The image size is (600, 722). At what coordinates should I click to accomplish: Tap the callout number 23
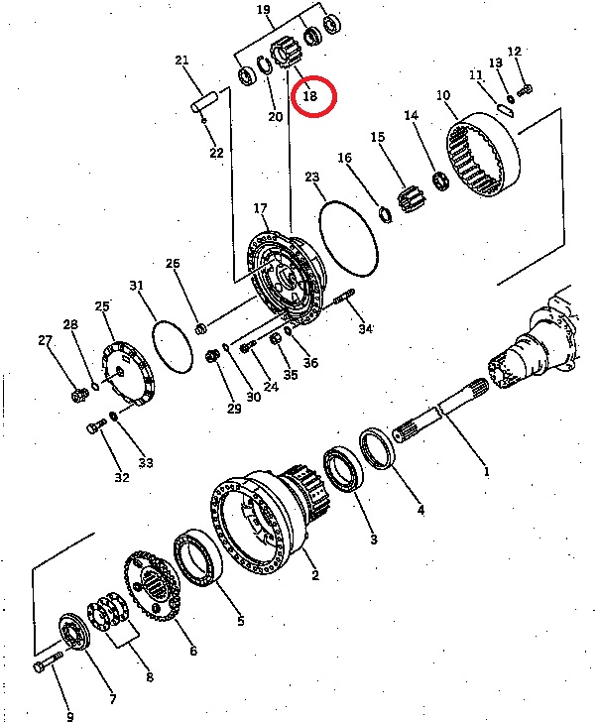(x=312, y=178)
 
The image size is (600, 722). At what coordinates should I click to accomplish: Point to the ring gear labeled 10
(x=484, y=155)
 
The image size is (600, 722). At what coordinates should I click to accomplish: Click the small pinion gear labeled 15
(x=412, y=198)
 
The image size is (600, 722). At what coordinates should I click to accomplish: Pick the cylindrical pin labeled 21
(x=204, y=102)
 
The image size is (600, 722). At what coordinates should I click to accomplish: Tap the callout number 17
(x=260, y=208)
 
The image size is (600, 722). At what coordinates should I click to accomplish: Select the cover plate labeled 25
(x=128, y=375)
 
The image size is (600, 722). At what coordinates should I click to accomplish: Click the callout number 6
(x=193, y=651)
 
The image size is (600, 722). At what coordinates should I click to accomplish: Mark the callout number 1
(x=486, y=471)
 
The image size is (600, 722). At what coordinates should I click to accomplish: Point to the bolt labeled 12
(x=525, y=89)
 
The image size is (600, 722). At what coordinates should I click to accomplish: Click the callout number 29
(x=234, y=408)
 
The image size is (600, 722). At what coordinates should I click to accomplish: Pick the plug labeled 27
(x=80, y=395)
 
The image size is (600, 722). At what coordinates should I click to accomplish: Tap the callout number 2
(x=315, y=574)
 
